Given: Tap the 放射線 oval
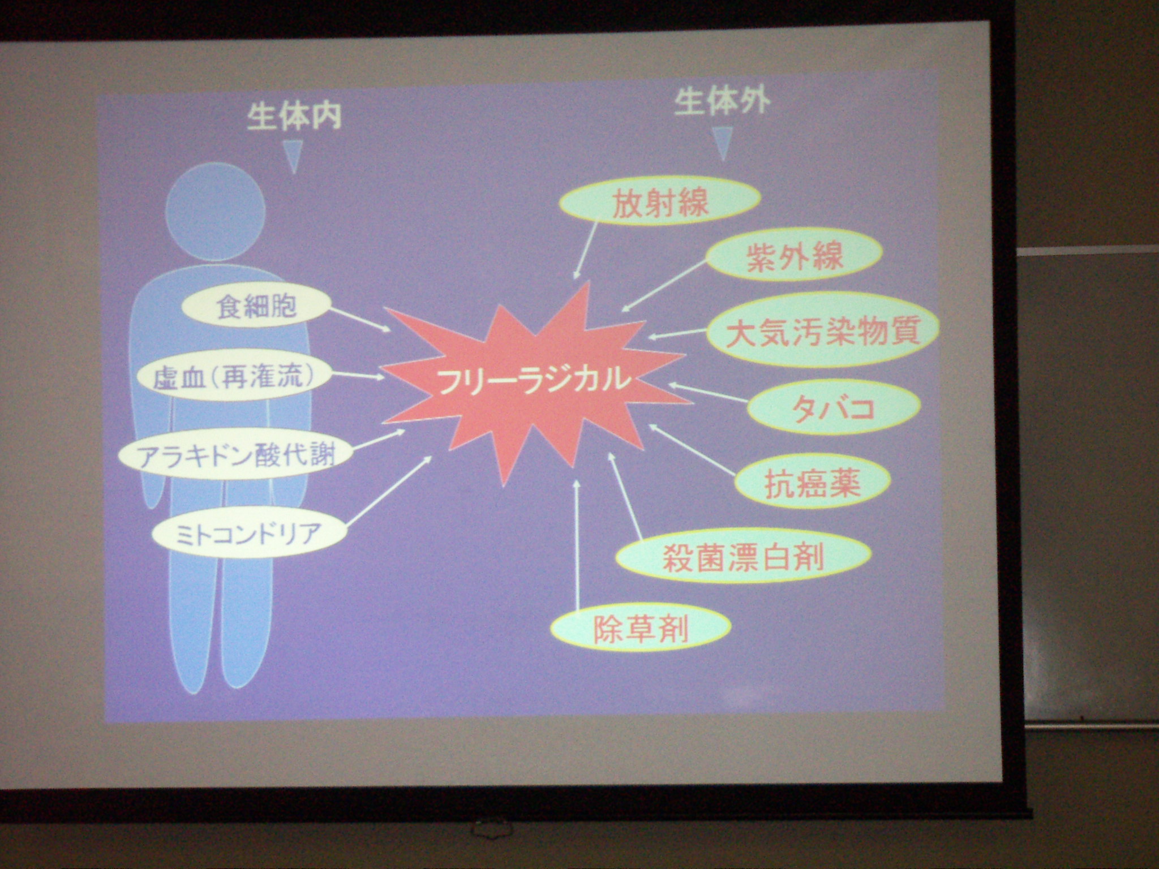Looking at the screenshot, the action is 660,204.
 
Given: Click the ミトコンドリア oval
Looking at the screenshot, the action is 249,533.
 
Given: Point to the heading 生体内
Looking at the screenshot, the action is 294,117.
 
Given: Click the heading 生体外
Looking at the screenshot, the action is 722,104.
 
